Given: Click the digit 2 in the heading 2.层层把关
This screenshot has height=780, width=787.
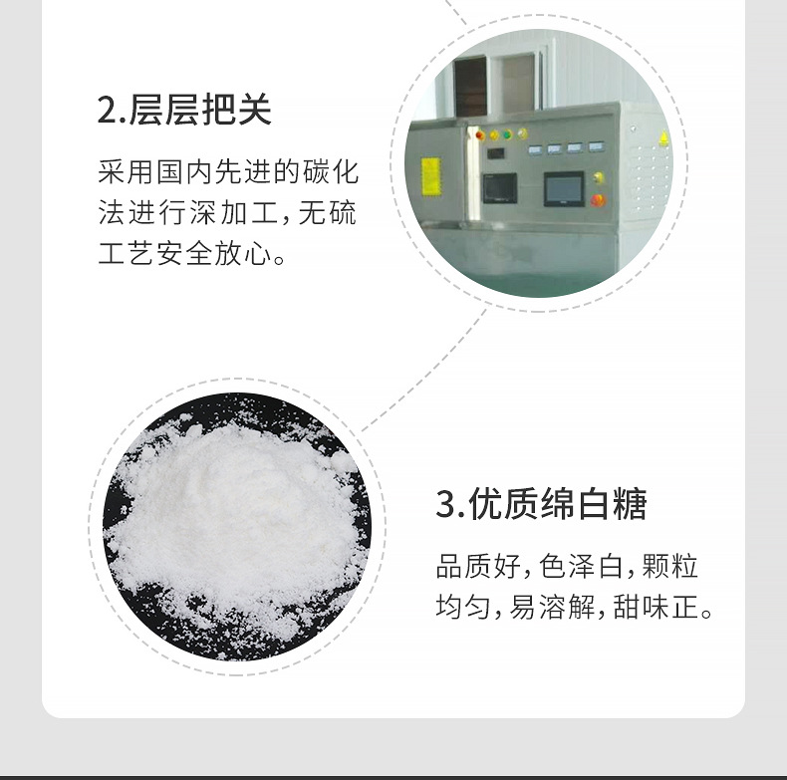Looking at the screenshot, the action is point(109,110).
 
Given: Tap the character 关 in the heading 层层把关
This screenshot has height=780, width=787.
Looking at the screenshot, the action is point(255,109).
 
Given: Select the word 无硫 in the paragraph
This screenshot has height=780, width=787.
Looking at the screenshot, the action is point(327,212).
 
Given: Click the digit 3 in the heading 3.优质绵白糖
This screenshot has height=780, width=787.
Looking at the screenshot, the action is point(445,504).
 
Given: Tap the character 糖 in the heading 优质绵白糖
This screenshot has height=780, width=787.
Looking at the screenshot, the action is point(630,503).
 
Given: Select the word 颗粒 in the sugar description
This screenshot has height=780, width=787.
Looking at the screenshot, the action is point(670,566).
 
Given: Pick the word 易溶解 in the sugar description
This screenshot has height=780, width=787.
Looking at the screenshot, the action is point(552,607).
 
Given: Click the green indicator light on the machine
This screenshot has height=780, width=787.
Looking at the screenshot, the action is point(507,134).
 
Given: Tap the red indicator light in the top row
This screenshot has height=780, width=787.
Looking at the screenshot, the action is point(480,135).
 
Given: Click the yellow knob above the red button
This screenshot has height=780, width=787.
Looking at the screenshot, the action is point(599,177).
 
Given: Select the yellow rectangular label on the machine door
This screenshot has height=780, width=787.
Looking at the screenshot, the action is point(431,176).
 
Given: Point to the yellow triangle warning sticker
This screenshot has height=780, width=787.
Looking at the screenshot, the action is point(663,138).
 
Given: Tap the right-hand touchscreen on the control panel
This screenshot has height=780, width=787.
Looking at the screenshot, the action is point(564,188).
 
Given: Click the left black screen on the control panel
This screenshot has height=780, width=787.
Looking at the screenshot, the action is point(500,187).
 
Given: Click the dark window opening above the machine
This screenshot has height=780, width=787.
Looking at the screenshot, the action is point(470,87).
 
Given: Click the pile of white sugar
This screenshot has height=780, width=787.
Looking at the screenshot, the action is point(236,522).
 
